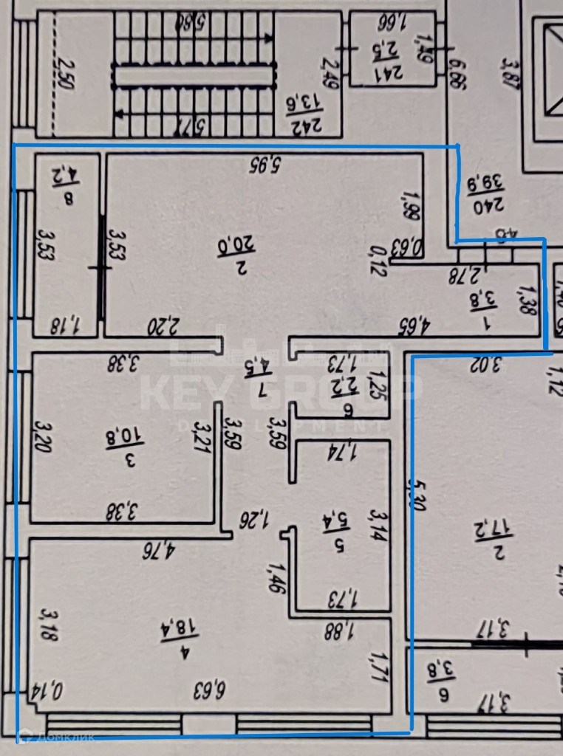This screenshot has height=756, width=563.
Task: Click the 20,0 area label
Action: click(221, 243)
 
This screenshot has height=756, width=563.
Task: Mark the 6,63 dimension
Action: click(210, 690)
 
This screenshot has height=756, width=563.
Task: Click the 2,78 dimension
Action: click(465, 276)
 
